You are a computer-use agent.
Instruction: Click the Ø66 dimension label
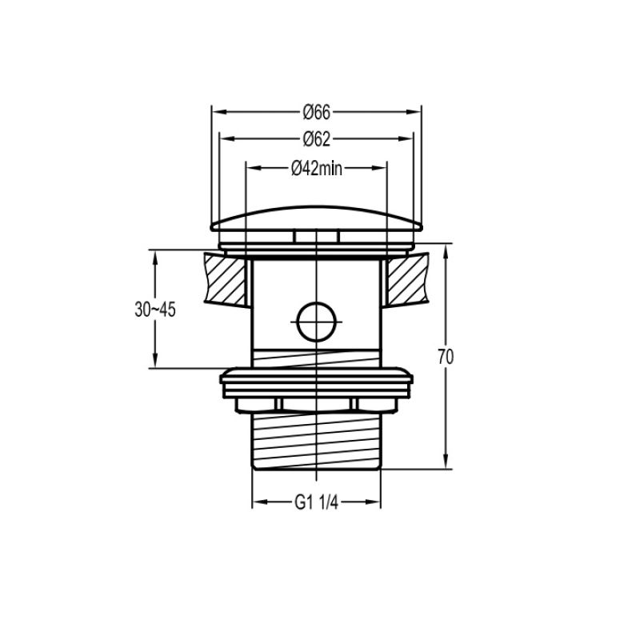pyautogui.click(x=316, y=112)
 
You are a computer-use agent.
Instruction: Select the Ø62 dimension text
pyautogui.click(x=316, y=139)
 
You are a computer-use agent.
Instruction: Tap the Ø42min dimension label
pyautogui.click(x=317, y=168)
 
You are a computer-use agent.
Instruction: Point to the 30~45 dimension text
pyautogui.click(x=155, y=310)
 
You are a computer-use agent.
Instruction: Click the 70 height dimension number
pyautogui.click(x=446, y=357)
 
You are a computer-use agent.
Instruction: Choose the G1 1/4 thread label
pyautogui.click(x=316, y=502)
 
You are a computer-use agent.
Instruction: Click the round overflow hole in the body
pyautogui.click(x=316, y=322)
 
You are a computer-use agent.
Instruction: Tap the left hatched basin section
pyautogui.click(x=225, y=278)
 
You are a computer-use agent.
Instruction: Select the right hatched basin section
pyautogui.click(x=408, y=278)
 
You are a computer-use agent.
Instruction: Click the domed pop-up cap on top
pyautogui.click(x=316, y=218)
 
